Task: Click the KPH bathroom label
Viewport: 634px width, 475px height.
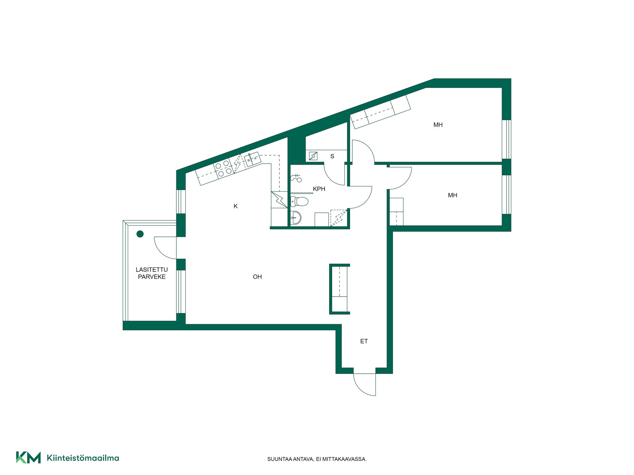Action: (x=319, y=189)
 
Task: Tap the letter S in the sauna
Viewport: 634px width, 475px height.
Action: (x=332, y=156)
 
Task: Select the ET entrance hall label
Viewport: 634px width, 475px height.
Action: (x=364, y=341)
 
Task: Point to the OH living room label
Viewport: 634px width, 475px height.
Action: (x=257, y=277)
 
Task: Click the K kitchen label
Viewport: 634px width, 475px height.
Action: (x=235, y=206)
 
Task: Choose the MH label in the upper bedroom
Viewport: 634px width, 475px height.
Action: (x=438, y=125)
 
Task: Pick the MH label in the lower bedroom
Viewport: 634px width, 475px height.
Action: (x=452, y=195)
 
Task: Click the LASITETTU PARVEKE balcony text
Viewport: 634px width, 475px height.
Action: (x=152, y=273)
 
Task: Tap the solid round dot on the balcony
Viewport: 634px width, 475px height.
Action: (x=140, y=234)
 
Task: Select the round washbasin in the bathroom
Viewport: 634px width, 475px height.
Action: (x=296, y=218)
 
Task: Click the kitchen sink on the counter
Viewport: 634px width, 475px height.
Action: (x=253, y=159)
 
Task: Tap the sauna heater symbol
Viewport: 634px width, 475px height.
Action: (x=313, y=156)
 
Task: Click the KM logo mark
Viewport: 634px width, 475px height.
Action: (x=28, y=458)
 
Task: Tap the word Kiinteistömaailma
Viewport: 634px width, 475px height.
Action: (x=83, y=458)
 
